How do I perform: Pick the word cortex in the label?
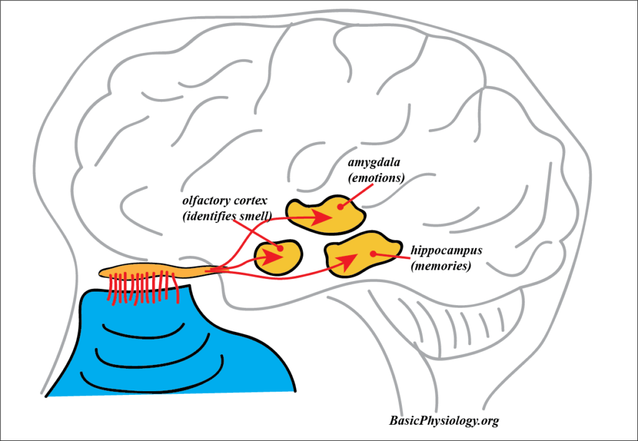[x=250, y=201]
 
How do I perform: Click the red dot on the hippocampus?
[x=373, y=254]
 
